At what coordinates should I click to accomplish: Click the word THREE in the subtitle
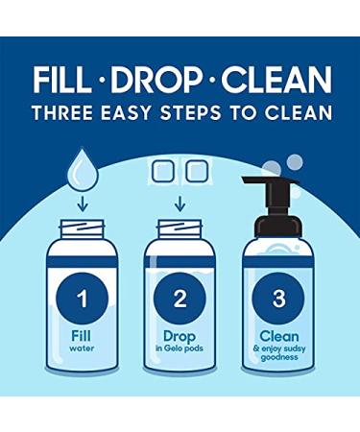pyautogui.click(x=63, y=112)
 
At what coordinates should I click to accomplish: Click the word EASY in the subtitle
pyautogui.click(x=126, y=112)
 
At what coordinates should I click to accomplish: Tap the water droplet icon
pyautogui.click(x=83, y=169)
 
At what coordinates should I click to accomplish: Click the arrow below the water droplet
pyautogui.click(x=83, y=204)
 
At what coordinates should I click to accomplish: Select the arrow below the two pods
pyautogui.click(x=180, y=204)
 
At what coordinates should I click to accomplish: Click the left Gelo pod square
pyautogui.click(x=163, y=171)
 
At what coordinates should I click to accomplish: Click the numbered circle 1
pyautogui.click(x=83, y=299)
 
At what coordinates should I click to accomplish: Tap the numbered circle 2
pyautogui.click(x=180, y=299)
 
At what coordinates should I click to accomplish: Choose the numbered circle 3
pyautogui.click(x=278, y=299)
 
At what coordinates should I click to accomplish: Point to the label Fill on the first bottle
pyautogui.click(x=82, y=336)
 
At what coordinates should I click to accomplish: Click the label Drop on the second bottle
pyautogui.click(x=180, y=337)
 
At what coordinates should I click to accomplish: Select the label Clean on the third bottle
pyautogui.click(x=279, y=336)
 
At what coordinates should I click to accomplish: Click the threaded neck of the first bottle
pyautogui.click(x=83, y=228)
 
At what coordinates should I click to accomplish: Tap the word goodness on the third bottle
pyautogui.click(x=279, y=357)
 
